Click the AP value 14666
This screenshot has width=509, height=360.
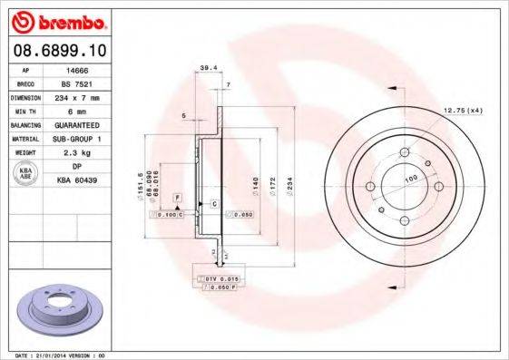(x=79, y=69)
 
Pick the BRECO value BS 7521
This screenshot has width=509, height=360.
(x=80, y=83)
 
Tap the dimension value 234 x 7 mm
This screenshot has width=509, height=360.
(x=80, y=96)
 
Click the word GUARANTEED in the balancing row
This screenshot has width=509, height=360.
(x=80, y=124)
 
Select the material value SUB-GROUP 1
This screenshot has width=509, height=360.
(x=80, y=138)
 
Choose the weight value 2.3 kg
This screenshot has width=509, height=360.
(x=80, y=152)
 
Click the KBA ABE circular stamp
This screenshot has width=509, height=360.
(x=24, y=173)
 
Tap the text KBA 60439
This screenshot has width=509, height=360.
(x=80, y=180)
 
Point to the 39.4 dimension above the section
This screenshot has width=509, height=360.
(x=206, y=66)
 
